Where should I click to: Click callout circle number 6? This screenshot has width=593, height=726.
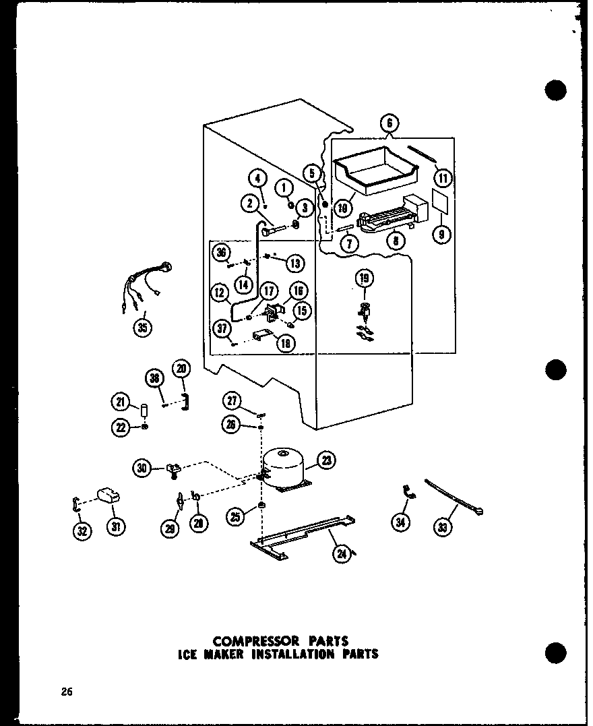point(389,123)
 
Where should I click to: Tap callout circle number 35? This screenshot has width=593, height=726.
point(142,328)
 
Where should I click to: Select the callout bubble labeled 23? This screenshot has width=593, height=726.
point(327,462)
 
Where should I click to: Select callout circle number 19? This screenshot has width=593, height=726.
point(365,278)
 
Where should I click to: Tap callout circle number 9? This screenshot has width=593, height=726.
point(443,236)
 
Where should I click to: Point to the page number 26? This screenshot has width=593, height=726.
point(65,692)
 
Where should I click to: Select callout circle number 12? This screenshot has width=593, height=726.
point(219,293)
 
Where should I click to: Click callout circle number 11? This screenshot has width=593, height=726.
point(443,179)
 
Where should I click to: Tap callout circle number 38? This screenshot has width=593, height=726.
point(156,379)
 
